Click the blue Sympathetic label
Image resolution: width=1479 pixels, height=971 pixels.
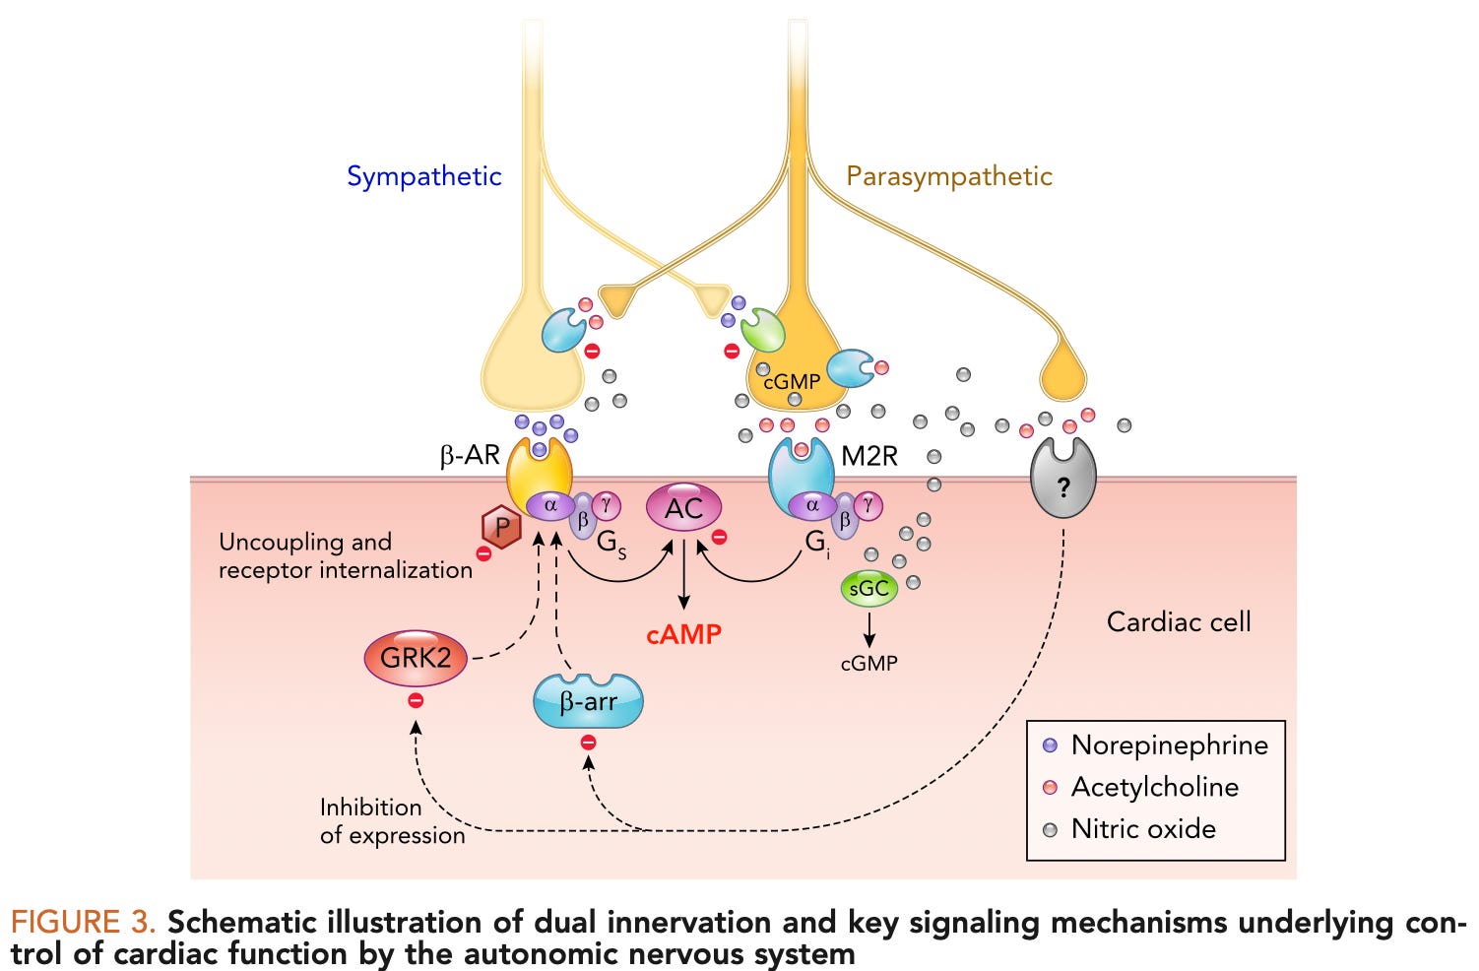point(423,176)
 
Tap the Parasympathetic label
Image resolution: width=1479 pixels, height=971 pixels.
point(948,176)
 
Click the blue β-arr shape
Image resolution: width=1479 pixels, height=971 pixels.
point(588,701)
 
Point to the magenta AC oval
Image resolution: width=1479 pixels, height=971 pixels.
point(683,508)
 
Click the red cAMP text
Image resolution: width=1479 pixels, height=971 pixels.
point(683,634)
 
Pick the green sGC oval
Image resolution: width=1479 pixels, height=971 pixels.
point(868,589)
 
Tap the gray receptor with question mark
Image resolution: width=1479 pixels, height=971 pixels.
point(1062,480)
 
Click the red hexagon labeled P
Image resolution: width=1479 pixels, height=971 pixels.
point(502,529)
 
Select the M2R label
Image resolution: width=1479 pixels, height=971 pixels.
point(869,456)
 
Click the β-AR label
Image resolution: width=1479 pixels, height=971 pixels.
point(469,455)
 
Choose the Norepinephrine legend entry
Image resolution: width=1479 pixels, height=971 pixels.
point(1169,745)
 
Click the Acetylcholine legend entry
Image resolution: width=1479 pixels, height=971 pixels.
point(1154,787)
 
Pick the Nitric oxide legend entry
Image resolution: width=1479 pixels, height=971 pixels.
point(1142,829)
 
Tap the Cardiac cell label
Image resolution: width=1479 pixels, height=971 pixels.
point(1178,621)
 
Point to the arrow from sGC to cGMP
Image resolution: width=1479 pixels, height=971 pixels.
point(869,628)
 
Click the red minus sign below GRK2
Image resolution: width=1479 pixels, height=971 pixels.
point(416,700)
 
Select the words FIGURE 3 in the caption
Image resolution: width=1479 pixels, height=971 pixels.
point(83,923)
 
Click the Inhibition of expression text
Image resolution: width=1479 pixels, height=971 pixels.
point(391,820)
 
